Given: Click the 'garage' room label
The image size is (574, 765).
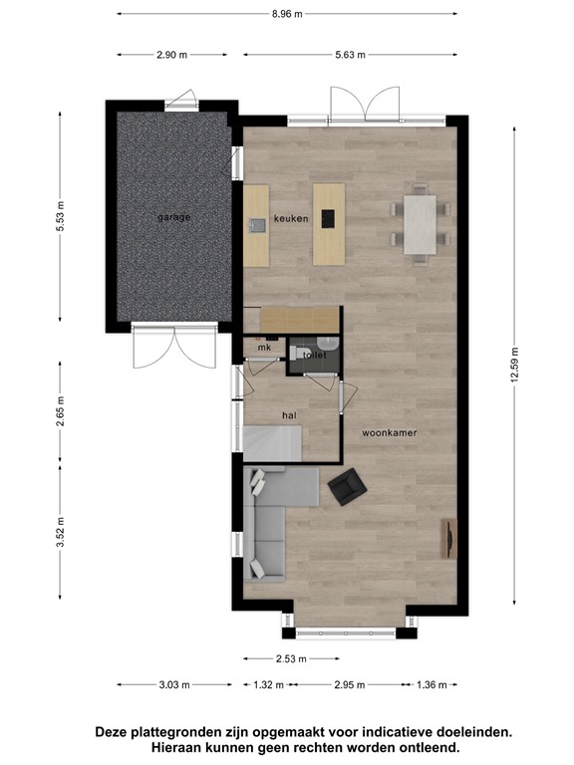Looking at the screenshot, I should [x=173, y=217].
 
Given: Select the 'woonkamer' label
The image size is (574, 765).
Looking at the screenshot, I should [x=389, y=433].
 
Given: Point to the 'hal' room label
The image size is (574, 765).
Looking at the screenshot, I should [x=290, y=414].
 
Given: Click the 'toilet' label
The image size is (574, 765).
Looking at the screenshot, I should [x=314, y=355].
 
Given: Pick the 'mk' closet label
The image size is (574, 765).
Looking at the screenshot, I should [x=264, y=348].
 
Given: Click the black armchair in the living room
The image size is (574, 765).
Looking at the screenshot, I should [x=346, y=485].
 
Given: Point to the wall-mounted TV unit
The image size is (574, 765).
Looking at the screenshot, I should [x=446, y=539].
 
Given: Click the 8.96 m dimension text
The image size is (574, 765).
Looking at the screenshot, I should [x=287, y=14].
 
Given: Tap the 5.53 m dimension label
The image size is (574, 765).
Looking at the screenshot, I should [x=60, y=216].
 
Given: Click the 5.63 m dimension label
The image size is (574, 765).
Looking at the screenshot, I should [x=348, y=55].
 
